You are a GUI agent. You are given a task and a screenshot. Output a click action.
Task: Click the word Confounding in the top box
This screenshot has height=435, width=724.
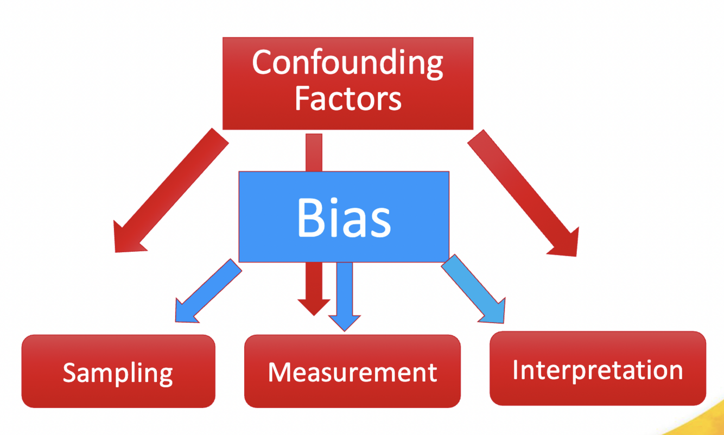[347, 64]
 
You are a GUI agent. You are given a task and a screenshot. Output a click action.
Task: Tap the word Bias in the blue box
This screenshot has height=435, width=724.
[344, 218]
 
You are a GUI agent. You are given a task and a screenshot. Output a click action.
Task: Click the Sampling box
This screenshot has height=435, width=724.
[118, 372]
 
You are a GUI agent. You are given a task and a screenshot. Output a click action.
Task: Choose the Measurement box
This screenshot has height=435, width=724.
[352, 372]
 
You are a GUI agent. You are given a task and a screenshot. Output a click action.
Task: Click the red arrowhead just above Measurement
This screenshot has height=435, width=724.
[314, 306]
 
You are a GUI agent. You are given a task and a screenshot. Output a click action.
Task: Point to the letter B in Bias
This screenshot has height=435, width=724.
[309, 218]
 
